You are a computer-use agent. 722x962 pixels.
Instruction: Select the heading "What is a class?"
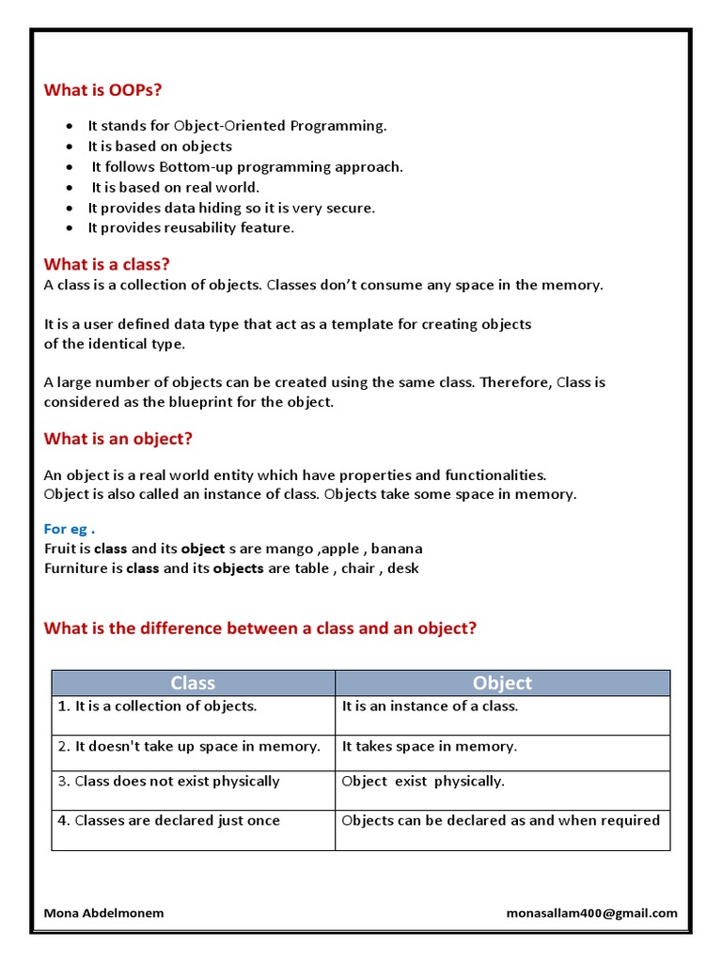pos(106,264)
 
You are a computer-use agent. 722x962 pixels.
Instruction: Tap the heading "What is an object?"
pos(118,439)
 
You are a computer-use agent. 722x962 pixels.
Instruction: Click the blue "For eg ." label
pos(70,529)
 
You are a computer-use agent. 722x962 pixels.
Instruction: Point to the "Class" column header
pos(193,683)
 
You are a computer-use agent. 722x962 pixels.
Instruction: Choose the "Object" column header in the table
pos(502,683)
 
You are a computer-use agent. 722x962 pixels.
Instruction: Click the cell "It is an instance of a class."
pos(430,706)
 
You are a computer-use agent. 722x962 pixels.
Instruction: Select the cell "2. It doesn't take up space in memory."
pos(192,746)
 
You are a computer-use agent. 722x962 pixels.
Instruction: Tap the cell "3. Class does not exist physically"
pos(169,781)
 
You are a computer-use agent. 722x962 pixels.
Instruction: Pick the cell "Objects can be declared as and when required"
pos(500,820)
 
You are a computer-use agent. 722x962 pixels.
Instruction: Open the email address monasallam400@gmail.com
pos(591,913)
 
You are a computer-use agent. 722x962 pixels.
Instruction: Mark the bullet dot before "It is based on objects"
pos(70,147)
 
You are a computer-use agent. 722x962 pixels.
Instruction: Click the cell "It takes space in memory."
pos(430,746)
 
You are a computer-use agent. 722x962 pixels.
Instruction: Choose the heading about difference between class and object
pos(260,628)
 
